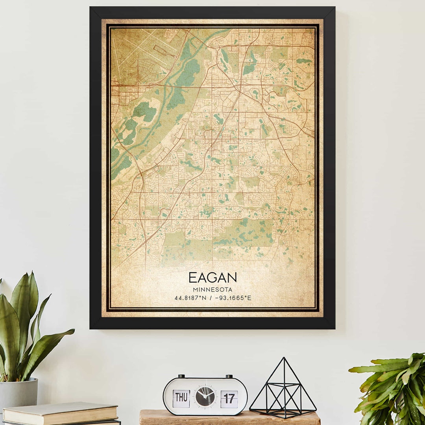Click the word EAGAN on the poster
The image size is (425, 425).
[x=213, y=278]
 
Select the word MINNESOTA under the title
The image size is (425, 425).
[x=213, y=290]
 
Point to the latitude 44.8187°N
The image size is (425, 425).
[x=190, y=298]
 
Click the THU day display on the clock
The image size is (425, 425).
[x=181, y=398]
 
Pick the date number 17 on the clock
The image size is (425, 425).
[x=229, y=399]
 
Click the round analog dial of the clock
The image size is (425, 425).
[x=205, y=396]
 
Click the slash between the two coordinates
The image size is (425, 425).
[x=212, y=298]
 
